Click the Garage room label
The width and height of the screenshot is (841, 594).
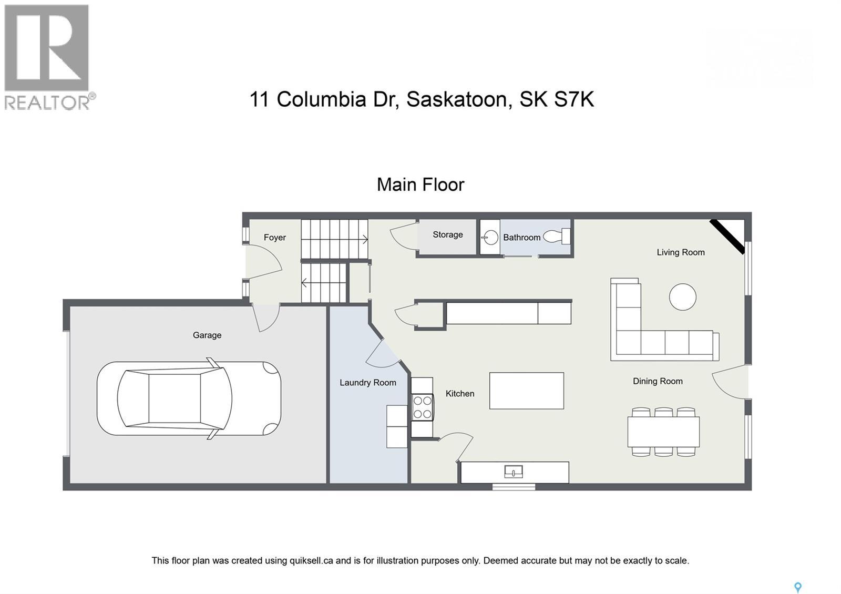(x=207, y=335)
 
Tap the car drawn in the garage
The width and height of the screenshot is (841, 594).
(x=189, y=398)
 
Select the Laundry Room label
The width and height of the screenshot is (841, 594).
(x=367, y=382)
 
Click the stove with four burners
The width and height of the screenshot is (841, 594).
(x=422, y=407)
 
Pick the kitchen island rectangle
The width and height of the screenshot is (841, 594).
(x=526, y=391)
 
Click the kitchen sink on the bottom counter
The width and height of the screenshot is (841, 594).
(x=513, y=472)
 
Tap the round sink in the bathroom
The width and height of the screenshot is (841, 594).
(x=490, y=238)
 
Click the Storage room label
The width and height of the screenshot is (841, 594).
(x=447, y=234)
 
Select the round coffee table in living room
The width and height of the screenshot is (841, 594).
(x=682, y=297)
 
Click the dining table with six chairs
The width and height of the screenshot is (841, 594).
(x=663, y=432)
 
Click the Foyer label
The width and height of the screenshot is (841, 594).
(x=274, y=238)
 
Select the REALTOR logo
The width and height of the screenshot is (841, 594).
(x=47, y=57)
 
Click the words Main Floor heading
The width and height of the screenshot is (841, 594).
(x=420, y=185)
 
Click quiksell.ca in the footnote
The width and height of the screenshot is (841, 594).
(x=311, y=560)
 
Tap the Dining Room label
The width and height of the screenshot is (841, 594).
(x=657, y=381)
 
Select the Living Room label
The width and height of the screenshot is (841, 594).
(x=680, y=252)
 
